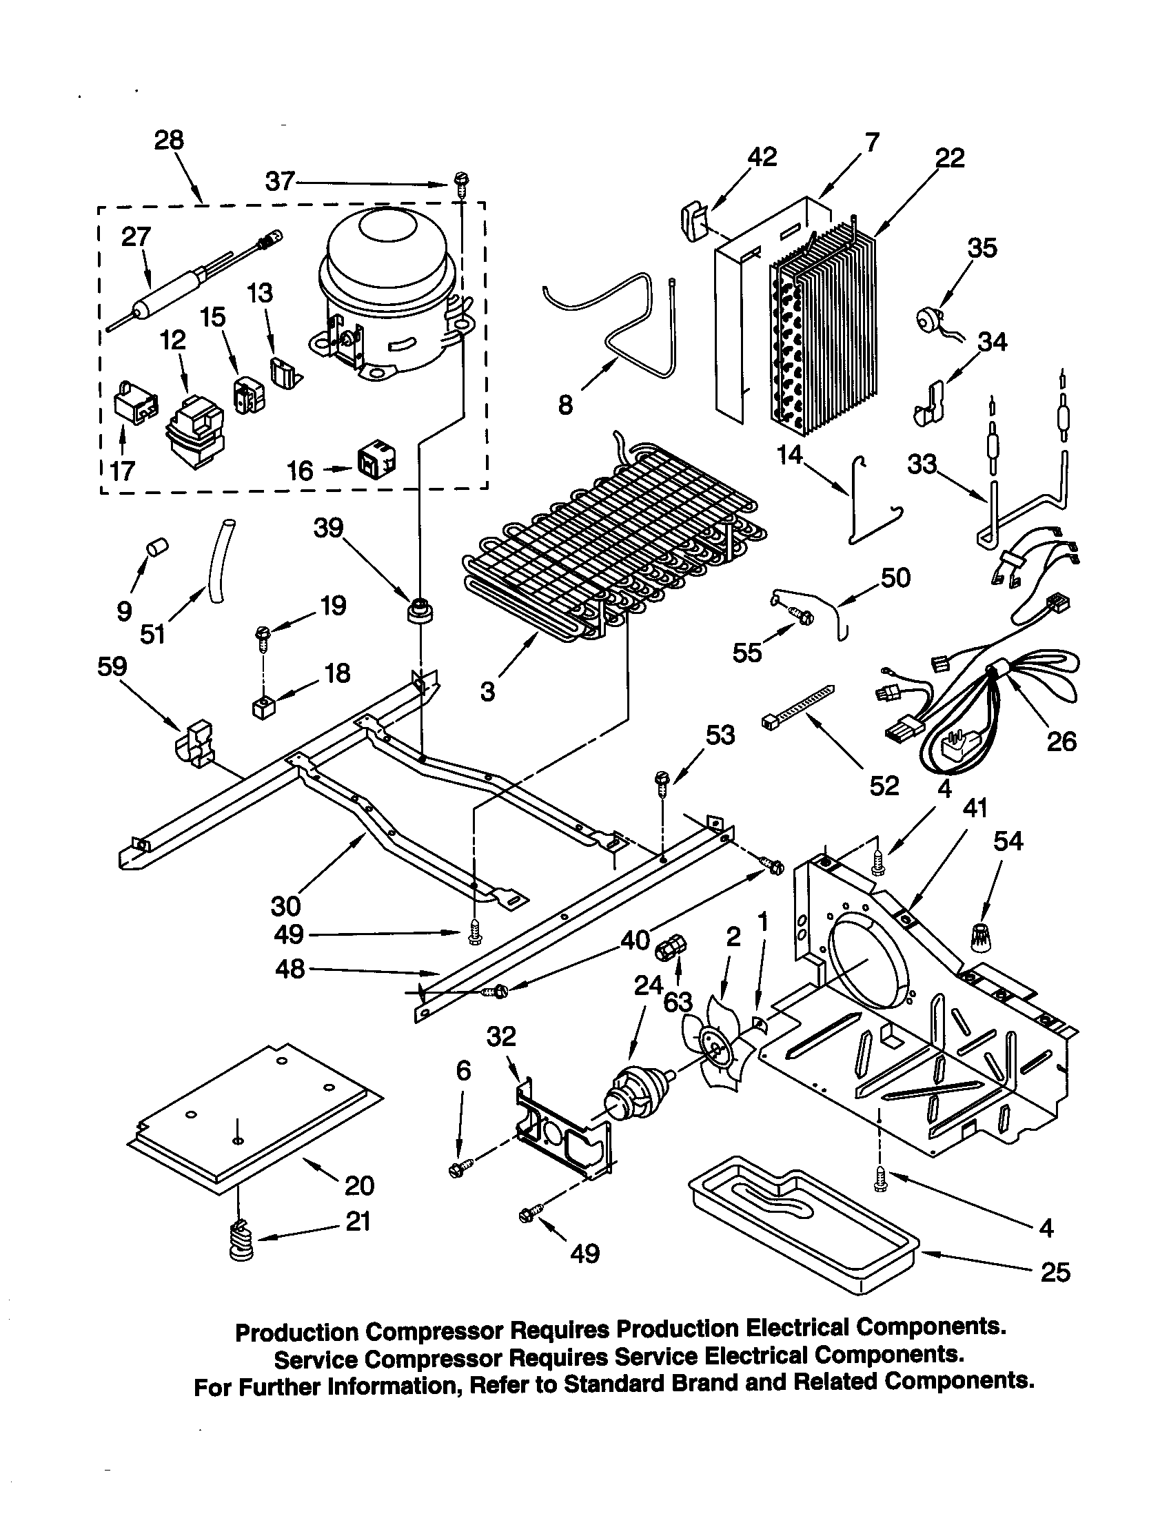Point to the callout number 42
pyautogui.click(x=762, y=157)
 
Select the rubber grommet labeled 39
pyautogui.click(x=420, y=611)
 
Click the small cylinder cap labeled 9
pyautogui.click(x=157, y=548)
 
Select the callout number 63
pyautogui.click(x=678, y=1003)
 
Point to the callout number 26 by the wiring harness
pyautogui.click(x=1060, y=741)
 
